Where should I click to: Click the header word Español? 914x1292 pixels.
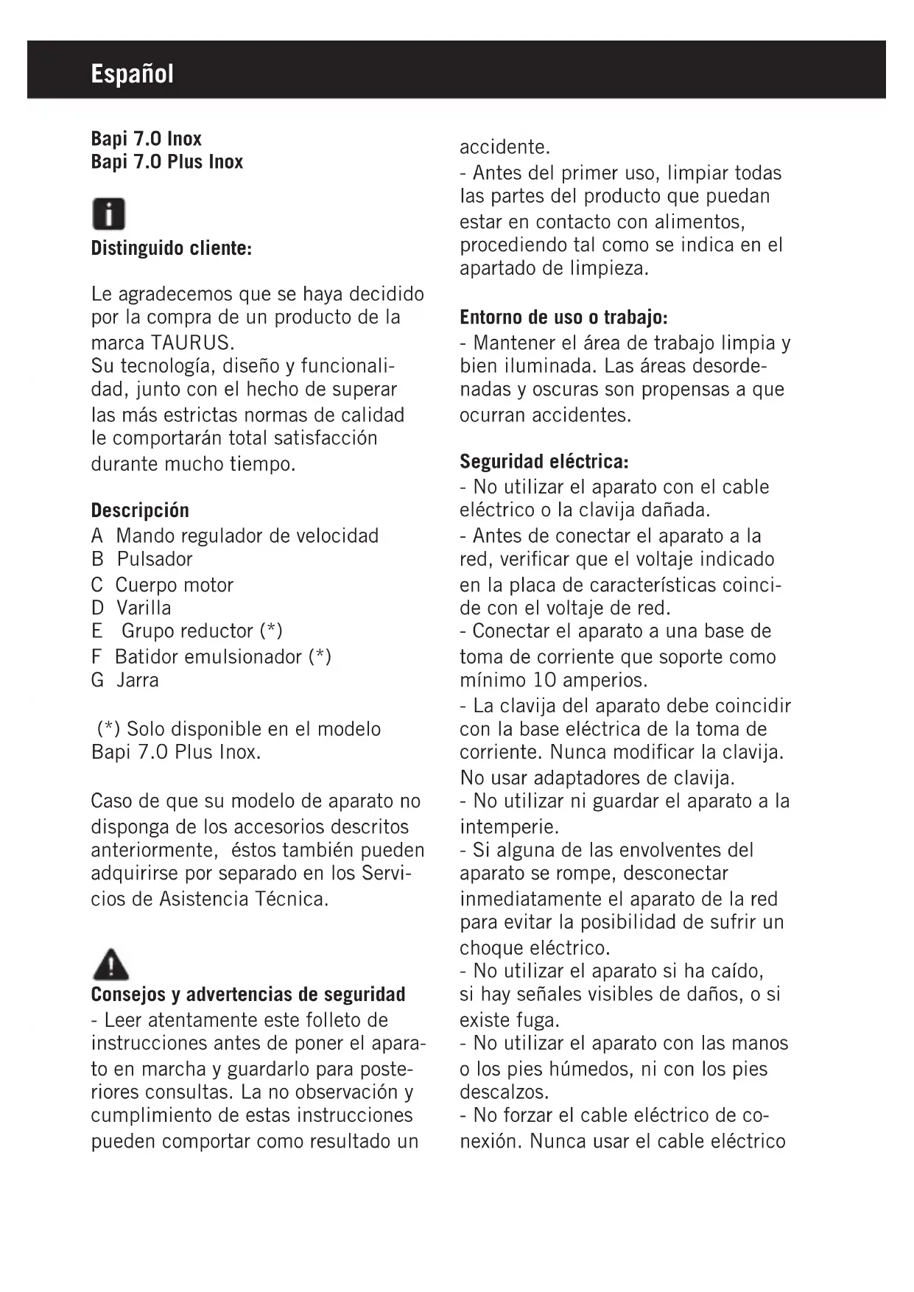coord(133,74)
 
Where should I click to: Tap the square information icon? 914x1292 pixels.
coord(108,214)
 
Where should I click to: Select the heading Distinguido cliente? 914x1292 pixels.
coord(172,248)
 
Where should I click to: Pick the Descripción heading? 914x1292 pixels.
coord(140,510)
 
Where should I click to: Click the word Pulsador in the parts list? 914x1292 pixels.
coord(155,559)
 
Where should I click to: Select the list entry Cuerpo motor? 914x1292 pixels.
coord(174,585)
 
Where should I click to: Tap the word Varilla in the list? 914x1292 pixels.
coord(144,608)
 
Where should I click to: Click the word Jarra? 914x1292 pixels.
coord(138,680)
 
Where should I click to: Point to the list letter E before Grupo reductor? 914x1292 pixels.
coord(96,631)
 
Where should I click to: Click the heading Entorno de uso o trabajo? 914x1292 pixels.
coord(563,317)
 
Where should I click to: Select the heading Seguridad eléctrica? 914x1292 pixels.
coord(544,462)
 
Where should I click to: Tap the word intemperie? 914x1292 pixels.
coord(509,826)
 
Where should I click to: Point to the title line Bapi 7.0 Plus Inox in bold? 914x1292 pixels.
coord(167,161)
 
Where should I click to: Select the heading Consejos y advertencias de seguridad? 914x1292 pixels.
coord(248,994)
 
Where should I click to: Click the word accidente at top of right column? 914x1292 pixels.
coord(505,147)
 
